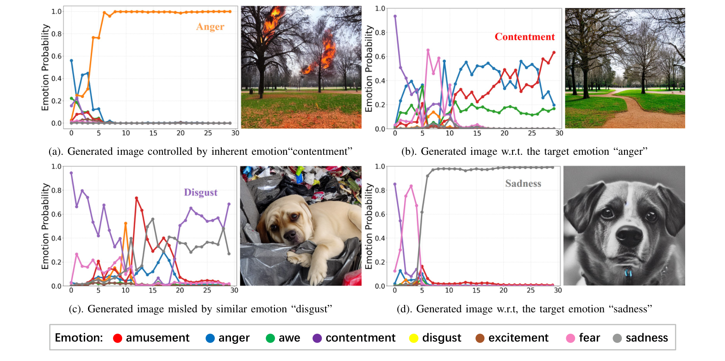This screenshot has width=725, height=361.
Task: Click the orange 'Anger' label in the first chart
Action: pos(210,27)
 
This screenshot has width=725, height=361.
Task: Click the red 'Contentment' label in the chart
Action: pos(525,37)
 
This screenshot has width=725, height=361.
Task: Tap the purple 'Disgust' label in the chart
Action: pos(200,192)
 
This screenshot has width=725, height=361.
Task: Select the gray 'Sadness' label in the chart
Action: pos(523,184)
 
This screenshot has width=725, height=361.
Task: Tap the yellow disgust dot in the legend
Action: pos(414,338)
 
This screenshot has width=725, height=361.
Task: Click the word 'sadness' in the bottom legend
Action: pos(647,338)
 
